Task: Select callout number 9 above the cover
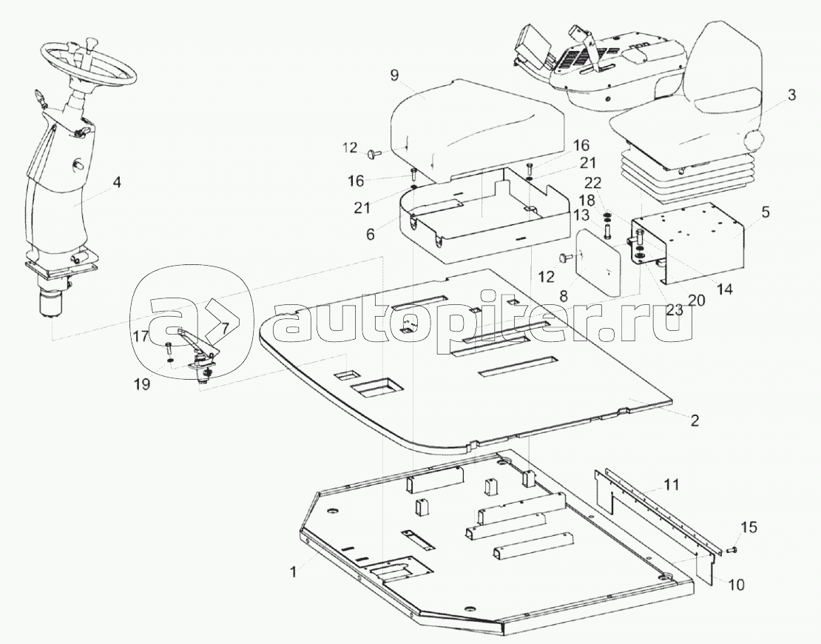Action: click(x=393, y=75)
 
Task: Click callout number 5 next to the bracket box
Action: click(x=766, y=212)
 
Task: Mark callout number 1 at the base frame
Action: click(x=294, y=571)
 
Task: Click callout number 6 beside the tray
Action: click(x=371, y=234)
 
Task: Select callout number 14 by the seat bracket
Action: click(x=724, y=289)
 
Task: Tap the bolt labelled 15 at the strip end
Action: click(x=730, y=549)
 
